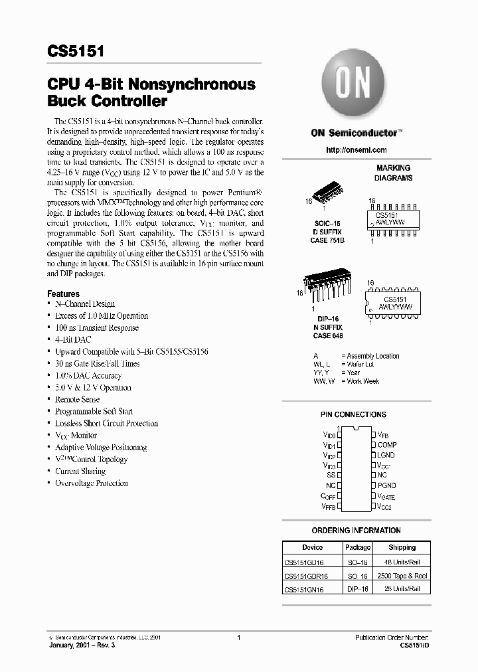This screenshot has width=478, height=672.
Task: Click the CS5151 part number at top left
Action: tap(74, 52)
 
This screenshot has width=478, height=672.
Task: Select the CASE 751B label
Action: tap(328, 240)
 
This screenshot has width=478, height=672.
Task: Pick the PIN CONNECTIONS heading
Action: tap(353, 414)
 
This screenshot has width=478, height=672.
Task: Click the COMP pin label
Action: tap(387, 444)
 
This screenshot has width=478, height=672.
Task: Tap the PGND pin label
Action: tap(387, 485)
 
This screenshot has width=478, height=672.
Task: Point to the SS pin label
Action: tap(330, 475)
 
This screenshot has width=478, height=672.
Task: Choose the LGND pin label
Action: tap(386, 455)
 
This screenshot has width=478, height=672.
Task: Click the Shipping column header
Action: tap(402, 547)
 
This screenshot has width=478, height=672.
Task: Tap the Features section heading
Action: tap(63, 294)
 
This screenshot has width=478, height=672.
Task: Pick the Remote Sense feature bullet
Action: tap(77, 400)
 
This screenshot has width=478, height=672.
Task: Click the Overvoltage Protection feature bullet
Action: tap(91, 483)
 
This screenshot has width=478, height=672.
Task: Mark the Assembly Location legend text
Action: tap(373, 356)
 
